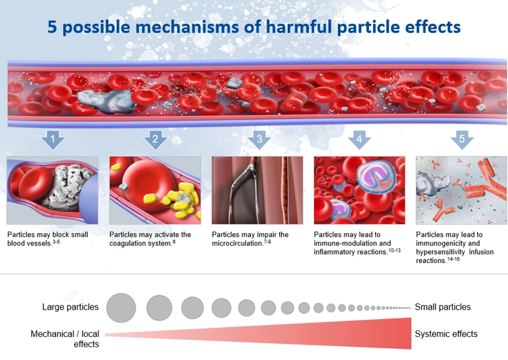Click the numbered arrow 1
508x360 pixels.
(x=53, y=139)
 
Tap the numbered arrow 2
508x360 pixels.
(x=155, y=139)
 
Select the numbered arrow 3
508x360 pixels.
(x=259, y=139)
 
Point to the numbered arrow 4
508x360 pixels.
(x=359, y=139)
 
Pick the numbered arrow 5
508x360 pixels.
(x=462, y=139)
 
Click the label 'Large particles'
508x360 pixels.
(x=70, y=307)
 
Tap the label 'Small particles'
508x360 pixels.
(x=443, y=307)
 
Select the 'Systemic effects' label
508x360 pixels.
(x=446, y=334)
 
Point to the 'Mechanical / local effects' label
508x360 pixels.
(x=65, y=339)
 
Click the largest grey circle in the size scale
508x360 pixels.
(x=121, y=307)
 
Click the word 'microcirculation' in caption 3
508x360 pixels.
(x=237, y=243)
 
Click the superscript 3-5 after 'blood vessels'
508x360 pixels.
(x=56, y=241)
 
